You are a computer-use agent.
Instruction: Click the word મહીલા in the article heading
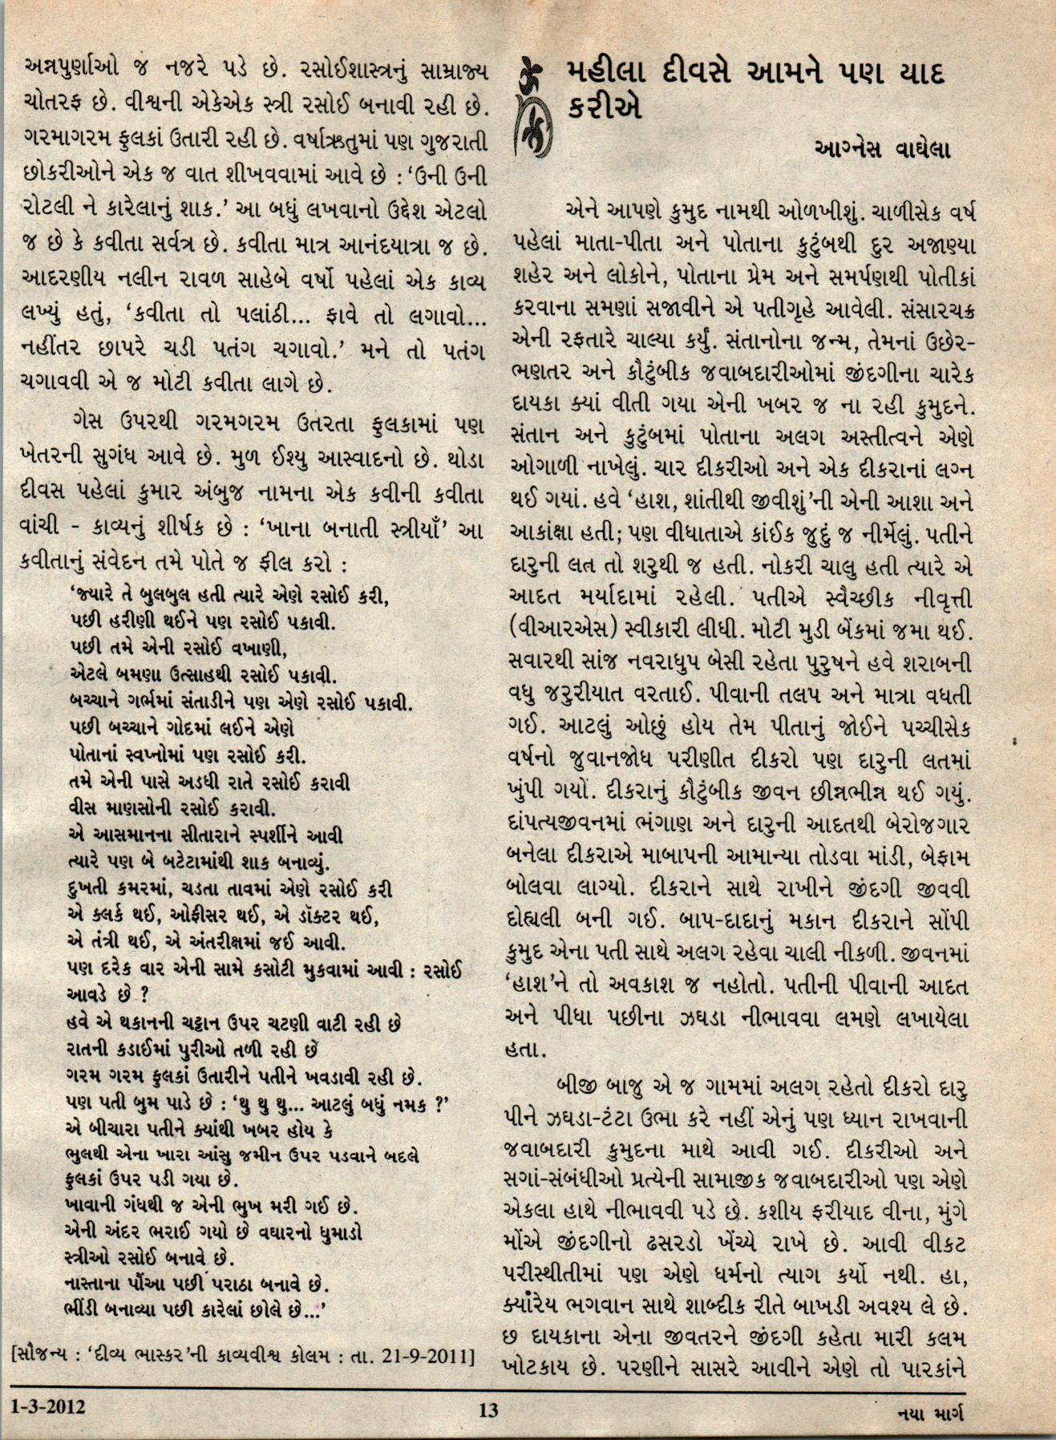coord(615,73)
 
